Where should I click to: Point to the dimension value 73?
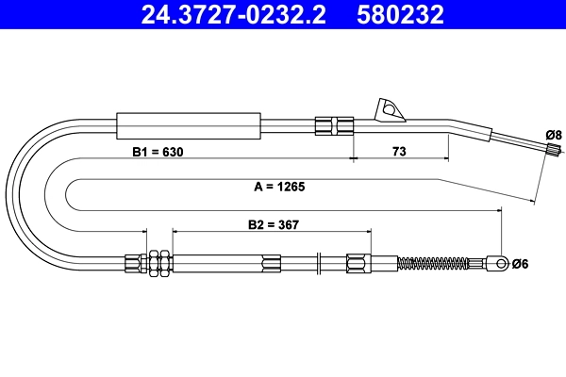[x=399, y=152]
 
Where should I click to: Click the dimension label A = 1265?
[x=279, y=187]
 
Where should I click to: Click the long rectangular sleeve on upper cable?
[x=187, y=124]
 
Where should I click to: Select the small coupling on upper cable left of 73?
[x=333, y=125]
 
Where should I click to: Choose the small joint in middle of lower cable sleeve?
[x=272, y=263]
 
